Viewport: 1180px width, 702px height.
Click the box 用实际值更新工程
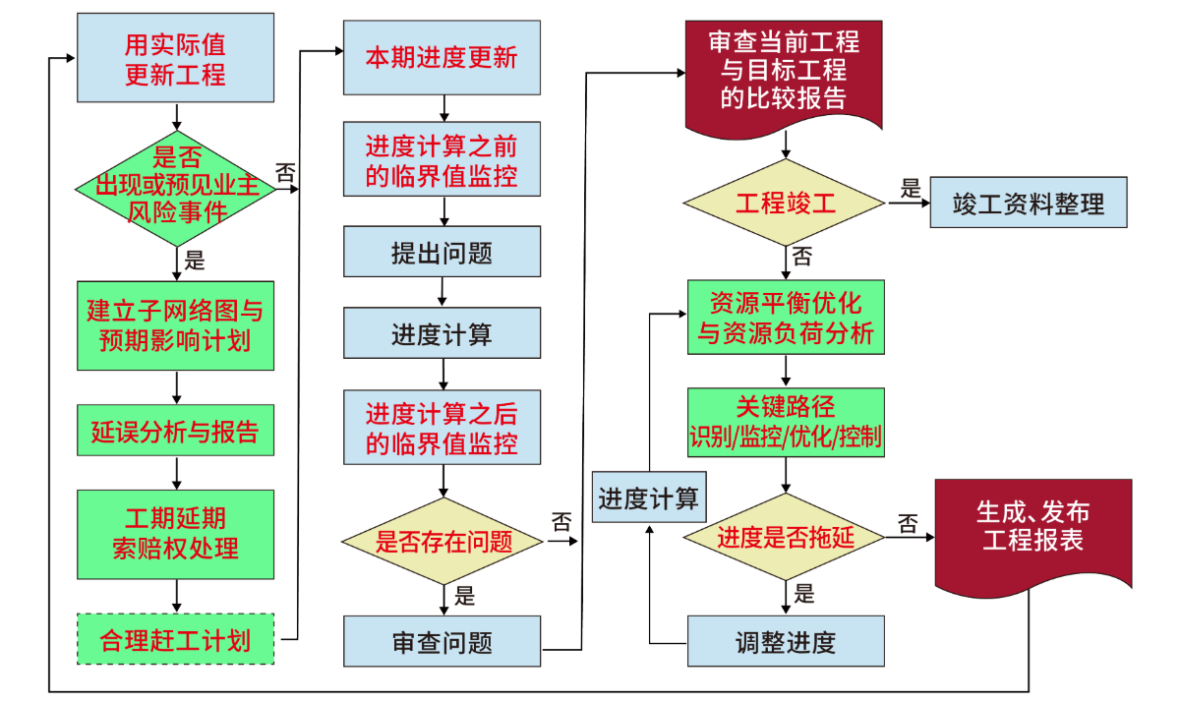point(175,60)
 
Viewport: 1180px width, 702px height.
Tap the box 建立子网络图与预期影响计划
point(176,326)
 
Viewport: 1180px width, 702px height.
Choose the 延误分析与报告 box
point(176,433)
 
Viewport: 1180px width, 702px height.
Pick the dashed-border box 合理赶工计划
point(176,640)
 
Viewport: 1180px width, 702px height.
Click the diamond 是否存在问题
point(443,541)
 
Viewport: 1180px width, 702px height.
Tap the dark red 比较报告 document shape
point(784,73)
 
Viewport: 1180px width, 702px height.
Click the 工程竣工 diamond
point(785,204)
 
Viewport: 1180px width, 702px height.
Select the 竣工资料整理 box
point(1028,204)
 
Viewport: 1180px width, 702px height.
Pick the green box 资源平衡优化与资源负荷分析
point(785,318)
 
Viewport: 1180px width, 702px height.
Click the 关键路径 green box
point(785,423)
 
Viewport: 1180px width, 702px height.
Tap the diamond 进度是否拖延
point(785,537)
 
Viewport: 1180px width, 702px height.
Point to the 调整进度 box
point(785,642)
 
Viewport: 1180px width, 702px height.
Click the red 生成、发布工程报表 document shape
point(1032,528)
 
